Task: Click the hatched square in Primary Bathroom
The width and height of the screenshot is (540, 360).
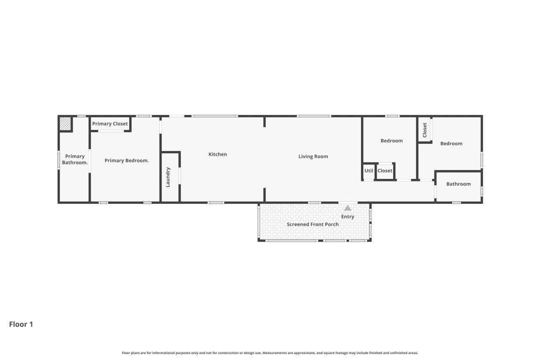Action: pyautogui.click(x=65, y=124)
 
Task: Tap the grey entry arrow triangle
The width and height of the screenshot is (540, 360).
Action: pyautogui.click(x=348, y=208)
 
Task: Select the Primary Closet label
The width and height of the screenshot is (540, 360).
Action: pyautogui.click(x=110, y=124)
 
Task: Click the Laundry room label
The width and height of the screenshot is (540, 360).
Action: pyautogui.click(x=168, y=177)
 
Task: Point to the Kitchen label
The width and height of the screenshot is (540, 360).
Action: pyautogui.click(x=218, y=154)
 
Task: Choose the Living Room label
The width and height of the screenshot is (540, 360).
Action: pyautogui.click(x=313, y=157)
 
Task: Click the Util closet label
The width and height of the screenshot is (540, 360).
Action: pyautogui.click(x=369, y=171)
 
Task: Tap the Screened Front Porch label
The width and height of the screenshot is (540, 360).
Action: pyautogui.click(x=313, y=225)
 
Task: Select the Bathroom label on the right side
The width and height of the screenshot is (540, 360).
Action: pyautogui.click(x=458, y=184)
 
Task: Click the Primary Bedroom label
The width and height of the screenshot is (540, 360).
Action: pyautogui.click(x=127, y=160)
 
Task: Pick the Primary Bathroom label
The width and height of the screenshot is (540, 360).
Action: pyautogui.click(x=75, y=160)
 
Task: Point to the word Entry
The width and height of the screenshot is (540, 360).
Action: pyautogui.click(x=348, y=217)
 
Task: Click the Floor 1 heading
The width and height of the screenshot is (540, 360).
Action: pyautogui.click(x=21, y=324)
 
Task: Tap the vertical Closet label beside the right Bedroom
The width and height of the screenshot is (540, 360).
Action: pyautogui.click(x=425, y=130)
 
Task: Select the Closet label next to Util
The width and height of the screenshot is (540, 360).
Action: pyautogui.click(x=385, y=171)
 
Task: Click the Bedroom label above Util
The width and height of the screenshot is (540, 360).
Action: pyautogui.click(x=391, y=141)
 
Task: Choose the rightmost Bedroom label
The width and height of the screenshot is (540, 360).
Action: pyautogui.click(x=451, y=143)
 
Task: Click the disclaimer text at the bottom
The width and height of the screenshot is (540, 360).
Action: pyautogui.click(x=270, y=353)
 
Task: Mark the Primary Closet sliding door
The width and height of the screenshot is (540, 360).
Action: pyautogui.click(x=111, y=131)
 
